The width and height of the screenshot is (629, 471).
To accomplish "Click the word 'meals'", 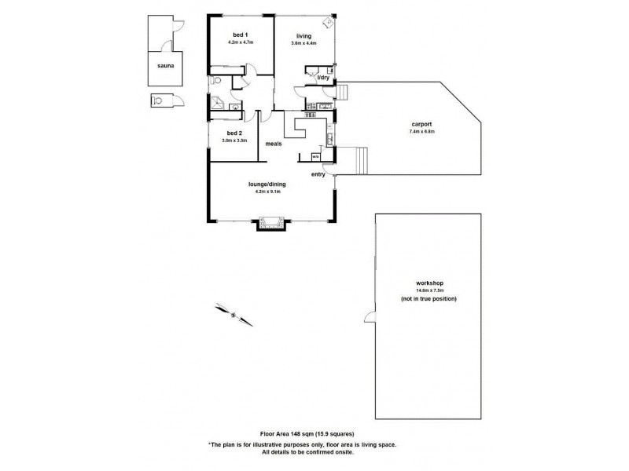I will [x=274, y=144].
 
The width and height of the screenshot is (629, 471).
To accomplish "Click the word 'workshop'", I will [x=428, y=283].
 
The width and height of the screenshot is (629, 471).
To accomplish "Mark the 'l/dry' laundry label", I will [x=322, y=78].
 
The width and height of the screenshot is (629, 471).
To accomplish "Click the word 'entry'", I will [x=318, y=174].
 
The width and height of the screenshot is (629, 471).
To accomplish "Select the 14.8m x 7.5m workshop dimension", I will [x=428, y=291].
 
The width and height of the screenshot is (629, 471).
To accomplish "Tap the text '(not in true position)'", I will [x=428, y=300].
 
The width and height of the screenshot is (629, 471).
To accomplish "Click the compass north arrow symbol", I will [x=234, y=313].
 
